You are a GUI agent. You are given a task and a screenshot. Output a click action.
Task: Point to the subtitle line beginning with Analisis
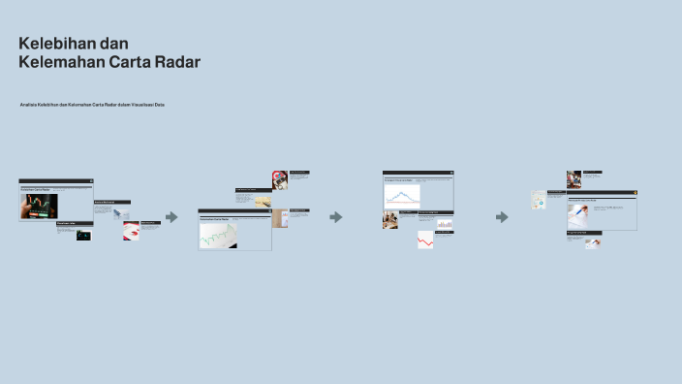point(92,104)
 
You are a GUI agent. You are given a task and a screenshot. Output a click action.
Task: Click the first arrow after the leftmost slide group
point(171,217)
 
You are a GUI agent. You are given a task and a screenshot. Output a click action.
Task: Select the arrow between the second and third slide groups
point(336,217)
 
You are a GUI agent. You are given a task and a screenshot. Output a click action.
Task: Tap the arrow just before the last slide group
point(502,217)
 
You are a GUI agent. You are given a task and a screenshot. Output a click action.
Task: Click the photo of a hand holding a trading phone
point(40,207)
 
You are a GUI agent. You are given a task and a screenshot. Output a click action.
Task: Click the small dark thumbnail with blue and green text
point(83,234)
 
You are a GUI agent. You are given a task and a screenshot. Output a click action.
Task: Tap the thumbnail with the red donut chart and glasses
point(280,180)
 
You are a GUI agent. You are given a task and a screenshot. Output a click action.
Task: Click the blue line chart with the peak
point(402,195)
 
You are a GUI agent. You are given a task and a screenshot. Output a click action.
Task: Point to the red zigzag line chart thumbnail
point(425,240)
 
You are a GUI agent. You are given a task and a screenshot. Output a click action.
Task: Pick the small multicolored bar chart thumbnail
point(445,225)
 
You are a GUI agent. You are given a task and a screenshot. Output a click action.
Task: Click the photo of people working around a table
point(390,220)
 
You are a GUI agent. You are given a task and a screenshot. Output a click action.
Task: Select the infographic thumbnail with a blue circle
point(538,201)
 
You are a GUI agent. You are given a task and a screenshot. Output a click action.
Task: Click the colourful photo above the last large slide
point(573,179)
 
